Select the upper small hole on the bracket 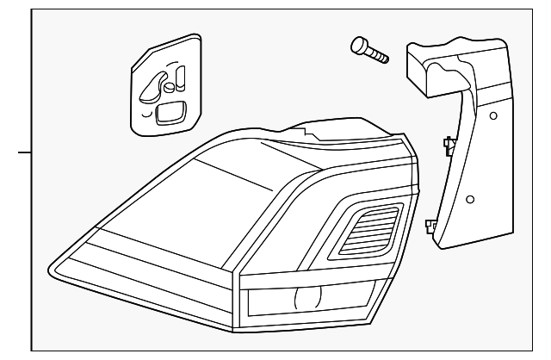492,115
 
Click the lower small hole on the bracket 469,200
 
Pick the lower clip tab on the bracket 430,227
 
